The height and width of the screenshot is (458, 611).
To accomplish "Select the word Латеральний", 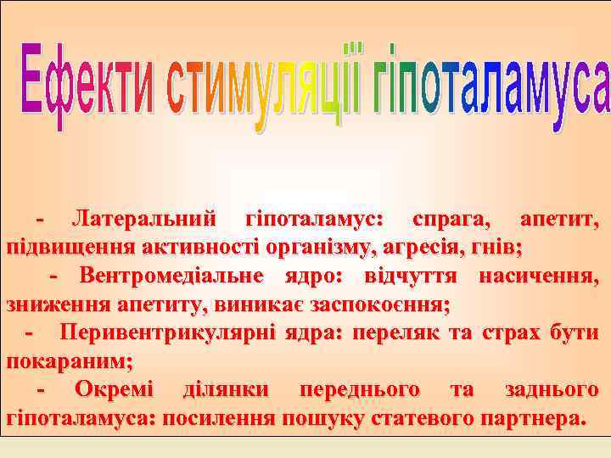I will (143, 220).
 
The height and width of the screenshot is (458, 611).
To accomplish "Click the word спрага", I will (451, 220).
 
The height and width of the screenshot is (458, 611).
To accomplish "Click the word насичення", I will (544, 276).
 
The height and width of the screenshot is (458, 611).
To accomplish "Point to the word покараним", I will (68, 360).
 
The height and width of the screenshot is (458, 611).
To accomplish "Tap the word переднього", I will (357, 389).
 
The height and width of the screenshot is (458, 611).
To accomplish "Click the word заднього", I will (552, 389).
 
